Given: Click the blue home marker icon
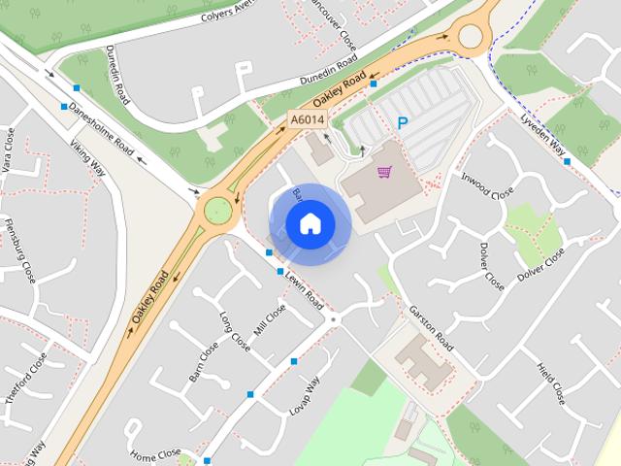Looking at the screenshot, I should (310, 223).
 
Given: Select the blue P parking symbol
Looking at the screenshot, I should (403, 123).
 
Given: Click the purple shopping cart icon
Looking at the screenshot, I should (385, 173).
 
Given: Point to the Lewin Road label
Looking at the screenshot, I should (304, 288).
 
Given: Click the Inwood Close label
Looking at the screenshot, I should (486, 184).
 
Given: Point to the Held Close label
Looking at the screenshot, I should (551, 383).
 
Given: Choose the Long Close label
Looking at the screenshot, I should (234, 329).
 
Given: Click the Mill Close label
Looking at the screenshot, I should (270, 319).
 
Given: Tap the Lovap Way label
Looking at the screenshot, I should (304, 396).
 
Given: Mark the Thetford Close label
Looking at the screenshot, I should (25, 379).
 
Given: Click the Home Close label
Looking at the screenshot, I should (156, 454).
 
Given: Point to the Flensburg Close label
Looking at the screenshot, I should (20, 255).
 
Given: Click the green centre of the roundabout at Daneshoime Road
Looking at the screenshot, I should (216, 209).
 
